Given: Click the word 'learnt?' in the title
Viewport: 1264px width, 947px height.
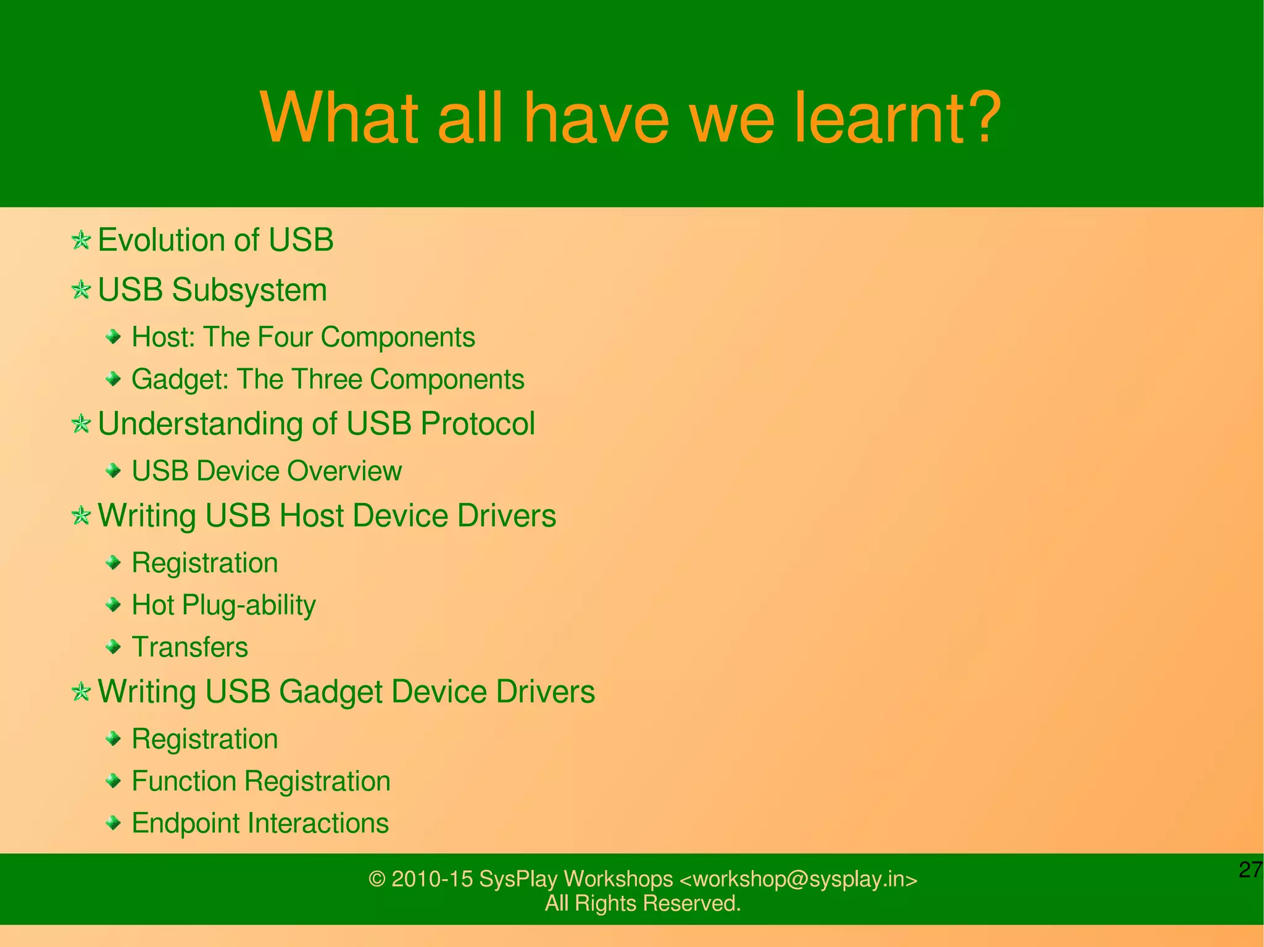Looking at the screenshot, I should point(896,117).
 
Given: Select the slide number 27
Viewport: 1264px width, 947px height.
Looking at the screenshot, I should point(1250,869).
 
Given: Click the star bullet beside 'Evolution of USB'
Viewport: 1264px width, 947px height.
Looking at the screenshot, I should point(81,239).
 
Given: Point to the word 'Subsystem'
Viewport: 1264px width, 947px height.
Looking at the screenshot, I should point(249,290).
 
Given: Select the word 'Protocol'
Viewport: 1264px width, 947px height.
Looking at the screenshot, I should point(478,424).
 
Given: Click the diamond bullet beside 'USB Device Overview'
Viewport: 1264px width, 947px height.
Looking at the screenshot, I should point(113,471).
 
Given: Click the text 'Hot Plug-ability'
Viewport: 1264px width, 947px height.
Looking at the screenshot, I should point(223,605).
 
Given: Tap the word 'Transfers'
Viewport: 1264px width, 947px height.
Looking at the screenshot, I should point(190,647).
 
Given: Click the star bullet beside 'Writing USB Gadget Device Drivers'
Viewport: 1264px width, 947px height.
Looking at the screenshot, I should point(81,692).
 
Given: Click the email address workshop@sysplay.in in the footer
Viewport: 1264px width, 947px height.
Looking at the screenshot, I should point(798,879).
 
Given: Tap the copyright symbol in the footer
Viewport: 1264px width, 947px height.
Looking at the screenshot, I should point(376,879).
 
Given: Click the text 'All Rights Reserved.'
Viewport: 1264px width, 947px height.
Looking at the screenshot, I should point(642,903).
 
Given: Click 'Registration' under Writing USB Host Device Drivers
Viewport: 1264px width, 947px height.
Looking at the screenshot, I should point(205,563).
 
